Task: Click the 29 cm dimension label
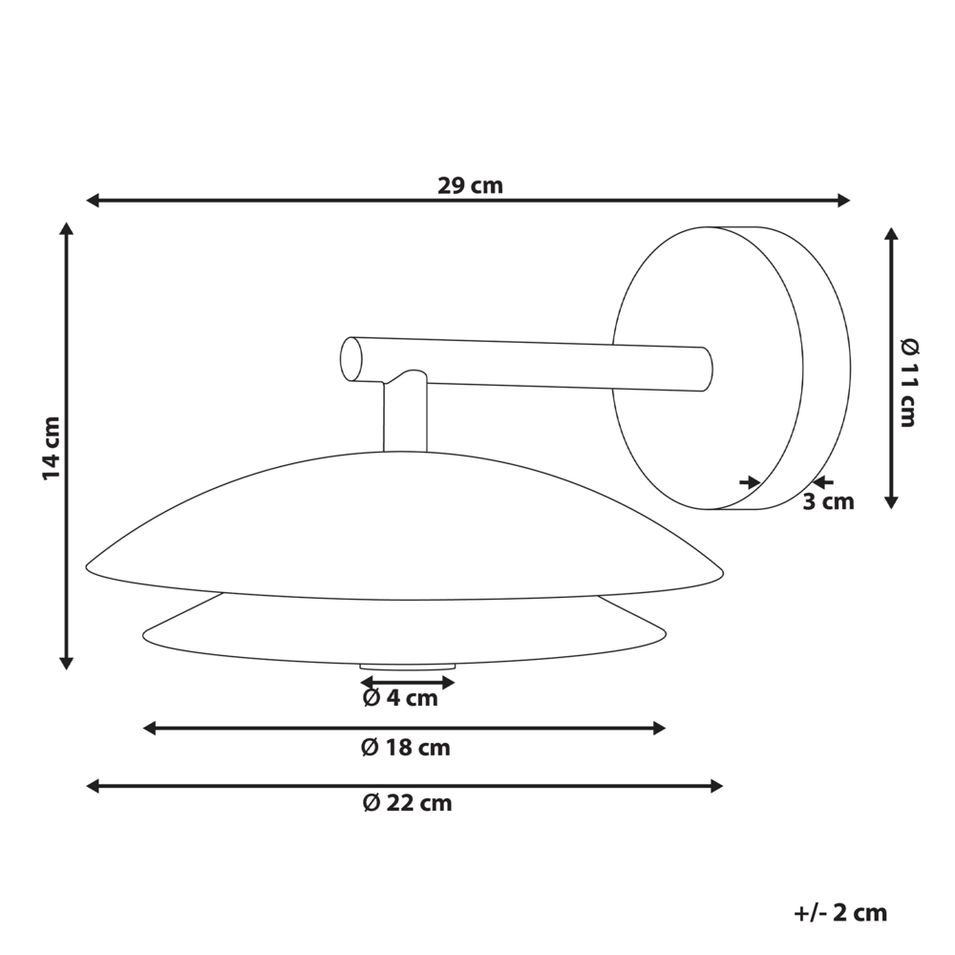pyautogui.click(x=470, y=185)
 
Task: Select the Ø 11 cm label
pyautogui.click(x=908, y=381)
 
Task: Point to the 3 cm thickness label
pyautogui.click(x=828, y=501)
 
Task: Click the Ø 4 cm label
pyautogui.click(x=400, y=698)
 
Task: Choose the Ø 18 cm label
pyautogui.click(x=406, y=748)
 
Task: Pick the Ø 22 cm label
pyautogui.click(x=407, y=803)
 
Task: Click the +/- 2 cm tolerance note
pyautogui.click(x=840, y=913)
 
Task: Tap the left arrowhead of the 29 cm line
pyautogui.click(x=93, y=200)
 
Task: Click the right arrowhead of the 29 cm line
pyautogui.click(x=843, y=200)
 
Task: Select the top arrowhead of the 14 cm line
pyautogui.click(x=66, y=229)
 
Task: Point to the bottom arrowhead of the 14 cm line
pyautogui.click(x=66, y=662)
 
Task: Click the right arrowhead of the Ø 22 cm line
pyautogui.click(x=717, y=786)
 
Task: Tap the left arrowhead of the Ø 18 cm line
pyautogui.click(x=149, y=729)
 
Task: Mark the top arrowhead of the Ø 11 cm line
pyautogui.click(x=890, y=234)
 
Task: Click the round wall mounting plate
pyautogui.click(x=707, y=368)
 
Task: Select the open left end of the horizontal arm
pyautogui.click(x=351, y=359)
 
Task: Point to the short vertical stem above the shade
pyautogui.click(x=405, y=415)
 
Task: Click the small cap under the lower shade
pyautogui.click(x=406, y=665)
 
